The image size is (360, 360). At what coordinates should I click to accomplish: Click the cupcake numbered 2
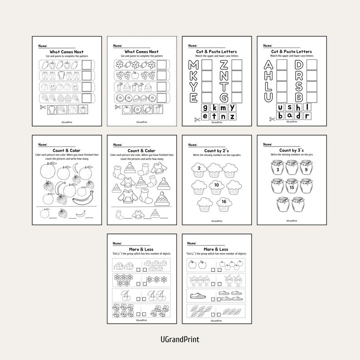coord(199,170)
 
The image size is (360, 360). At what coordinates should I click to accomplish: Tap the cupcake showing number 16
coord(224,204)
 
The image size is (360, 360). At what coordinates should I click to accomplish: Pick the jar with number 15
coord(291,187)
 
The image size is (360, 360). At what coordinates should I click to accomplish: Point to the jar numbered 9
coord(306,169)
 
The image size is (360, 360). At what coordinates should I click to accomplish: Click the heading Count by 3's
coord(292,151)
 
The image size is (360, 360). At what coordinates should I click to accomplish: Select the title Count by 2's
coord(217,151)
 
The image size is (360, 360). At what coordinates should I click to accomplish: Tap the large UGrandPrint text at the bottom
coord(180,339)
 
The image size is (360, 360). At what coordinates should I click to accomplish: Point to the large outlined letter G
coord(224,97)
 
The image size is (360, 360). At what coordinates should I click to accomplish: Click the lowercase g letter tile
coord(206,107)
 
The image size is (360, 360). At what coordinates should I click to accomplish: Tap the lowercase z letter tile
coord(232,117)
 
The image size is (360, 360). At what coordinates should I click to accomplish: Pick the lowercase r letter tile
coord(307,117)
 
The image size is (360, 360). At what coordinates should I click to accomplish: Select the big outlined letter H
coord(269,76)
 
